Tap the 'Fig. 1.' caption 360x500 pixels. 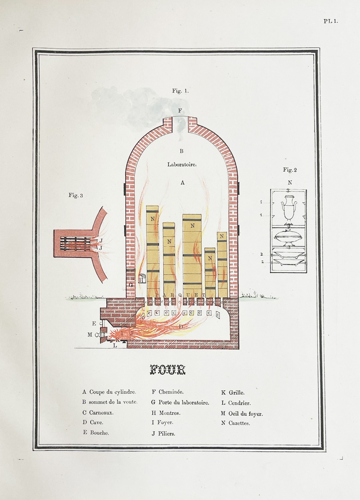[x=180, y=91]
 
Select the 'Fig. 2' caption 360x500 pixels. [x=290, y=170]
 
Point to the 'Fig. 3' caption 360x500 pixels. [x=76, y=195]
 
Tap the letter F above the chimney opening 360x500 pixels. [x=180, y=111]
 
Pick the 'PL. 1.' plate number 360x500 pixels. [x=331, y=21]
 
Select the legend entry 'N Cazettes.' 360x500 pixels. [x=235, y=423]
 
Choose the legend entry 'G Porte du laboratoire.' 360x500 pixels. [x=180, y=403]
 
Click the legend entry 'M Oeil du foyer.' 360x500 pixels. [x=242, y=414]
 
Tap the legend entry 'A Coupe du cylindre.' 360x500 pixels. [x=109, y=392]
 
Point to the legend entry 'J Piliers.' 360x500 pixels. [x=163, y=434]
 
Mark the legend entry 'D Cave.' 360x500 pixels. [x=93, y=422]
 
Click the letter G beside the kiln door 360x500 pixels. [x=131, y=285]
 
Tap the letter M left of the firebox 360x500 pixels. [x=90, y=335]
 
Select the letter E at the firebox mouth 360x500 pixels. [x=94, y=323]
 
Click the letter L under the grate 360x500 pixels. [x=115, y=346]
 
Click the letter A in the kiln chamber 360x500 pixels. [x=182, y=183]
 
